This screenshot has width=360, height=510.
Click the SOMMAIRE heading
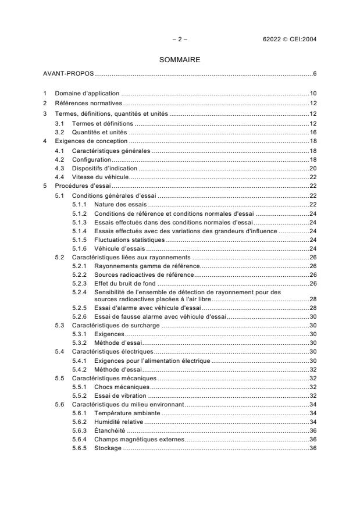180,59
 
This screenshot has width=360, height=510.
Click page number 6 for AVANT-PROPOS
314,74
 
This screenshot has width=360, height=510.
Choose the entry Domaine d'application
87,93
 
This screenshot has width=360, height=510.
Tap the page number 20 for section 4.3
312,168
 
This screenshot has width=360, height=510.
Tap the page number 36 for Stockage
312,448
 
